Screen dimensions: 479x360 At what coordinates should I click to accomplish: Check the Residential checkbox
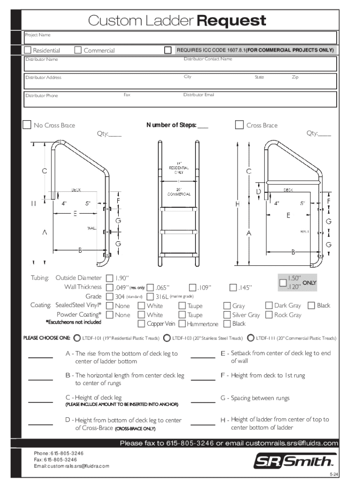point(28,50)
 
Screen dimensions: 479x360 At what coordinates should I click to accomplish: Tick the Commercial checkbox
point(78,50)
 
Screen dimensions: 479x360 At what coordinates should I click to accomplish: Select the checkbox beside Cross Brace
point(239,125)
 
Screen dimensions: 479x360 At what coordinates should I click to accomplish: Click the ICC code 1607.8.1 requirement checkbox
point(168,50)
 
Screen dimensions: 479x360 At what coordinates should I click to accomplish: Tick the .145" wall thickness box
point(233,287)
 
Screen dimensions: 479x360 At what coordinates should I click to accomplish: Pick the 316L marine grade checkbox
point(150,297)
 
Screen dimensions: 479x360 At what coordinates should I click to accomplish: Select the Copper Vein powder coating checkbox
point(141,324)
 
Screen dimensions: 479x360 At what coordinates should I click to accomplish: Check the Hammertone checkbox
point(182,324)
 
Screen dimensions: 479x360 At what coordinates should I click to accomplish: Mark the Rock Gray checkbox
point(269,315)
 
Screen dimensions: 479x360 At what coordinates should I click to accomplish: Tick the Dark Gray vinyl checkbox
point(269,305)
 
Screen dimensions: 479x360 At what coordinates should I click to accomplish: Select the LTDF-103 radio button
point(167,338)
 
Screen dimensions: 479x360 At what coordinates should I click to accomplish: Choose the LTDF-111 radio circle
point(251,338)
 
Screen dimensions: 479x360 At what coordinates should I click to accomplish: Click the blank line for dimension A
point(40,358)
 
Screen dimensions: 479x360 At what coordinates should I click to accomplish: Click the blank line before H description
point(203,424)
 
